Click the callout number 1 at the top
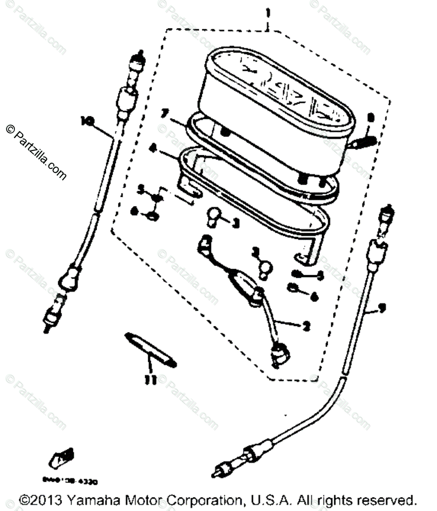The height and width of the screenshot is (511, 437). pyautogui.click(x=268, y=14)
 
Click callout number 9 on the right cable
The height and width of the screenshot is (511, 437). pyautogui.click(x=382, y=308)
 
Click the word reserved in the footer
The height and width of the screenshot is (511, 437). pyautogui.click(x=385, y=500)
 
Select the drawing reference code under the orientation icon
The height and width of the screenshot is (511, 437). pyautogui.click(x=70, y=482)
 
